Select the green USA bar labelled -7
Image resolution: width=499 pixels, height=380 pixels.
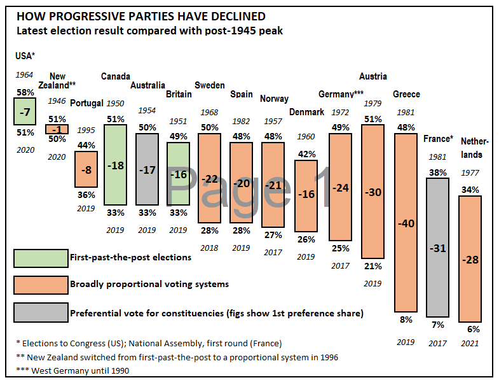tap(24, 111)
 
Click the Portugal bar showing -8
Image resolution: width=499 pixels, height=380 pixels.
tap(86, 169)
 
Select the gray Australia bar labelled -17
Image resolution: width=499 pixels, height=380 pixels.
tap(147, 169)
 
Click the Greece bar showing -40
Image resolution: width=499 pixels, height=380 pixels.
tap(406, 223)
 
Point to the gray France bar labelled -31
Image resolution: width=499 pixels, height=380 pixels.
tap(437, 247)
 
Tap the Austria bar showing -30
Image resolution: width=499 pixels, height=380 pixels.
tap(373, 192)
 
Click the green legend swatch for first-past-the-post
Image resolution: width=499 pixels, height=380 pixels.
tap(41, 258)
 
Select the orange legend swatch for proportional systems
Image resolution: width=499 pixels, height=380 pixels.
tap(41, 285)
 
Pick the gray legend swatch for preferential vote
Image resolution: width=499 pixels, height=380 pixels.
tap(41, 312)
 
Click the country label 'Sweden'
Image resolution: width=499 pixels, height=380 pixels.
tap(210, 85)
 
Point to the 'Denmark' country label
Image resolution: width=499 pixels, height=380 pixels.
tap(307, 111)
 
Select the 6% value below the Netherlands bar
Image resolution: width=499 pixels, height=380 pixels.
tap(474, 329)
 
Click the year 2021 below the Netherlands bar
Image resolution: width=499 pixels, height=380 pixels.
tap(470, 344)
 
